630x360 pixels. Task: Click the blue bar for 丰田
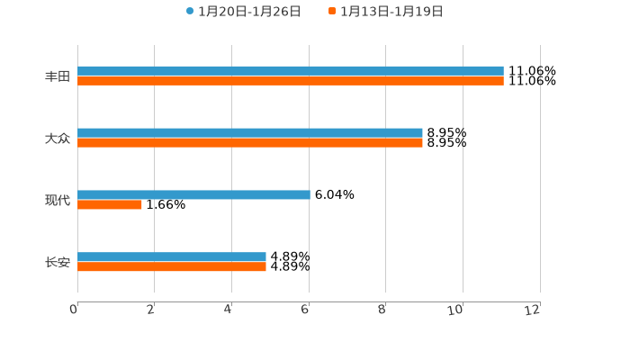pos(290,71)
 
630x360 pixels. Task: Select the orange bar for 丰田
pos(290,81)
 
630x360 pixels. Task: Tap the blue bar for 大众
pos(249,133)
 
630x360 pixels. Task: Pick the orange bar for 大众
pos(249,143)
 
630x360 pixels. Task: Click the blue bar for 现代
pos(193,194)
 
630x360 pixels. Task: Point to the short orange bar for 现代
pos(110,204)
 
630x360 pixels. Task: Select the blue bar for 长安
pos(171,257)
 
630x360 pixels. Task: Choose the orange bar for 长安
pos(171,267)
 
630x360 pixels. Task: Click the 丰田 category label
pos(58,76)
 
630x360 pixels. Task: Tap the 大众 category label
pos(58,139)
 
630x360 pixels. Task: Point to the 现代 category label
pos(58,200)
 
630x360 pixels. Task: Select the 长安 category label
pos(58,263)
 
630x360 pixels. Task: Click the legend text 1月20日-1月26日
pos(249,12)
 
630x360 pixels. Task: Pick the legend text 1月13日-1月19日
pos(391,12)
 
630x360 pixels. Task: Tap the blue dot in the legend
pos(190,12)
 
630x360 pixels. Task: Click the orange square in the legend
pos(332,12)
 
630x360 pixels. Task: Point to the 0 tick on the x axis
pos(75,310)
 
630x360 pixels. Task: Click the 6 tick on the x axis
pos(306,310)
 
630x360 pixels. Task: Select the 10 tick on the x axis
pos(457,310)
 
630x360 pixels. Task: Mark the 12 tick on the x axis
pos(533,310)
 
